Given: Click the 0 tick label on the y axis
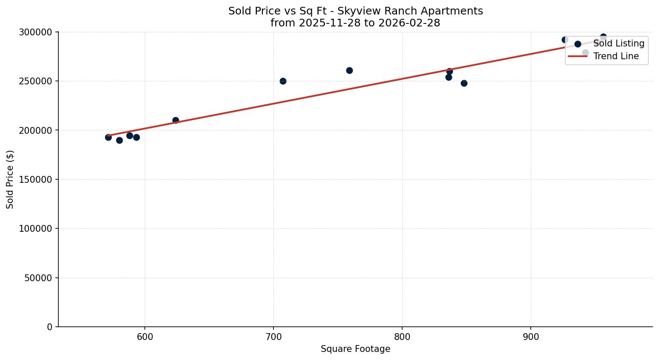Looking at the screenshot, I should [50, 327].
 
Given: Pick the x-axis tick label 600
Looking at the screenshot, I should [145, 337].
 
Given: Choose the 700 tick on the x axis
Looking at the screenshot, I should [273, 337].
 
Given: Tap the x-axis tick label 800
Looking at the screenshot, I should [402, 337].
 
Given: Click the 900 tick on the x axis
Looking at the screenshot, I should [531, 337].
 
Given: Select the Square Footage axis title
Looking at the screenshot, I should [355, 349].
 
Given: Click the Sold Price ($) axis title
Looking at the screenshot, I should [10, 179].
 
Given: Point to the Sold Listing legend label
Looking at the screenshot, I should [619, 43].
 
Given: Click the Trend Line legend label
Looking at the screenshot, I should [616, 56].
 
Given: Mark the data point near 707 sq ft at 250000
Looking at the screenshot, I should [283, 81].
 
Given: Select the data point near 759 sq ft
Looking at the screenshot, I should [349, 70].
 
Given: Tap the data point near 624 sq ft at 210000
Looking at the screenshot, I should [176, 120].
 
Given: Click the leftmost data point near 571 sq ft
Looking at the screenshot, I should [108, 137].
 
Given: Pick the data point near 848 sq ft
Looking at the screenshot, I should [464, 83].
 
